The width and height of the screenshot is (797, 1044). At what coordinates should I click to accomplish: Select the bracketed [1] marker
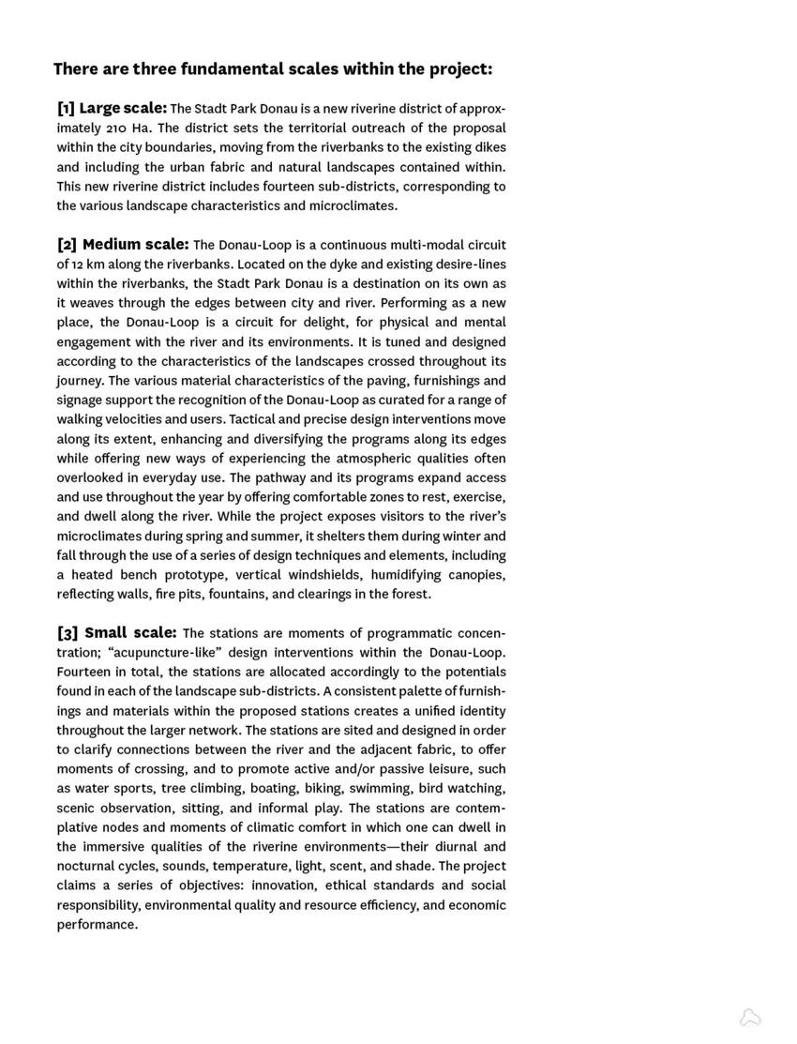pyautogui.click(x=66, y=108)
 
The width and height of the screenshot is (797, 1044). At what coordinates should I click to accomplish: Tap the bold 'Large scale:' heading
pyautogui.click(x=123, y=108)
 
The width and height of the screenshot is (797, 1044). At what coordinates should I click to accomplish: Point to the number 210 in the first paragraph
pyautogui.click(x=122, y=129)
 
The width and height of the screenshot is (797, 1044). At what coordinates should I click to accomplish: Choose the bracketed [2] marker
pyautogui.click(x=67, y=245)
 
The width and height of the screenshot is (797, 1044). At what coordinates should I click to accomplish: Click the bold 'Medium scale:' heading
pyautogui.click(x=136, y=245)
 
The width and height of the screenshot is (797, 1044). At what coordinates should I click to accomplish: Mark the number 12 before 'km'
pyautogui.click(x=78, y=265)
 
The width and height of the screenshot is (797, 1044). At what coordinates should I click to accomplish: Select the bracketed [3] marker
pyautogui.click(x=67, y=633)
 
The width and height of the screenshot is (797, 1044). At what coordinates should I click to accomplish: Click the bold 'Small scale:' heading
pyautogui.click(x=130, y=633)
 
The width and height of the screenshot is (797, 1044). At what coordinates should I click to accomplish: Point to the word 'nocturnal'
pyautogui.click(x=85, y=867)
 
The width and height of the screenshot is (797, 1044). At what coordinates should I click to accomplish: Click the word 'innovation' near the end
pyautogui.click(x=284, y=885)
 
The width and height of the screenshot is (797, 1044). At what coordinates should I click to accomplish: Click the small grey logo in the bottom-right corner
pyautogui.click(x=750, y=1018)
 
